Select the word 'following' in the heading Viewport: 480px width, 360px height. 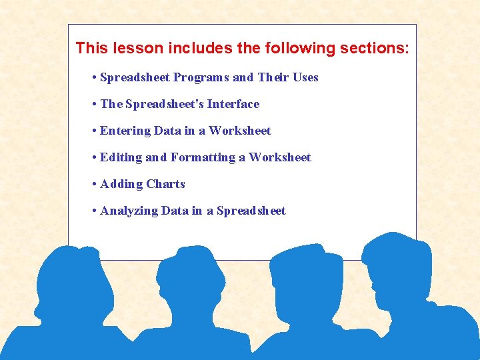coord(296,48)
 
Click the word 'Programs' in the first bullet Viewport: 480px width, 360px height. coord(201,77)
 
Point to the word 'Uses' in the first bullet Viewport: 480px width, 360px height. coord(305,77)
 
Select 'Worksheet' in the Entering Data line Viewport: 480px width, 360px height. coord(240,131)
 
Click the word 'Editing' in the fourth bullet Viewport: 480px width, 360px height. coord(121,157)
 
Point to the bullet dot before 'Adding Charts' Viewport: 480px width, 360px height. coord(95,184)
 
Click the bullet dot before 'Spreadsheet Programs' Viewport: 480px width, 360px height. coord(95,77)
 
